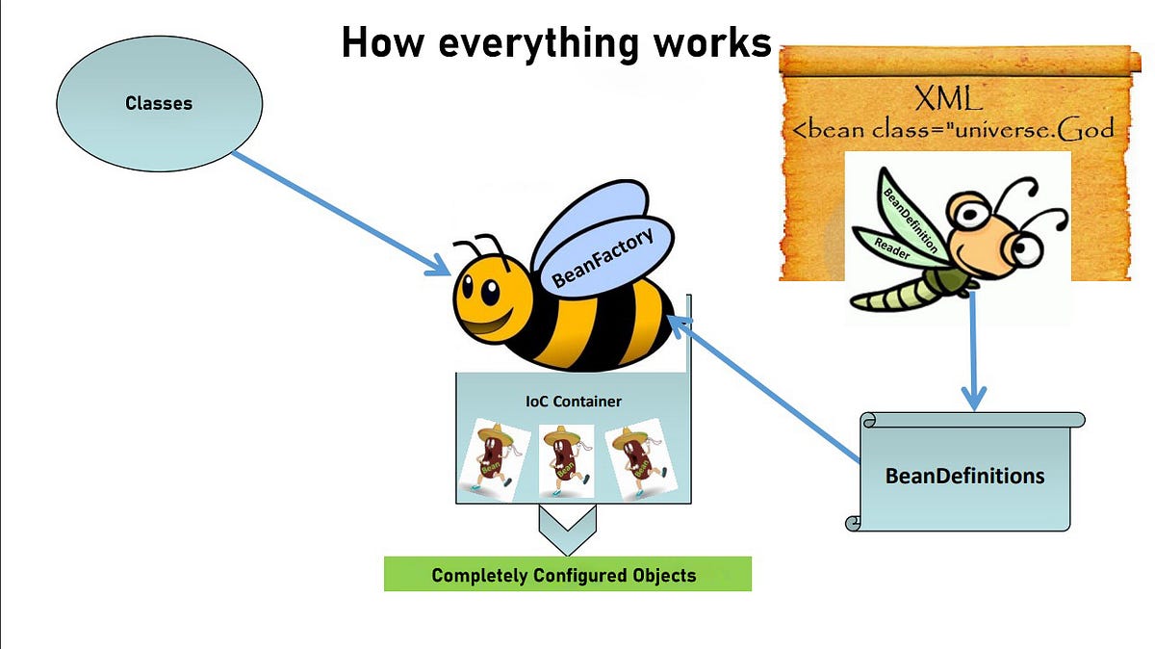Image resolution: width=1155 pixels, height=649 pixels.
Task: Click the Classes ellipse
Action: point(159,103)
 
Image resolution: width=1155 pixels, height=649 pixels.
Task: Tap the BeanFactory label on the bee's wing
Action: point(603,257)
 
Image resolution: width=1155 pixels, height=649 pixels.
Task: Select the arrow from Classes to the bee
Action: point(337,212)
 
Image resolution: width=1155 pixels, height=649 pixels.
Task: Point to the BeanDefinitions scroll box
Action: point(965,475)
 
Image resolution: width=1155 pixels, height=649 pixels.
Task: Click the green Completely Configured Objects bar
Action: point(566,575)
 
